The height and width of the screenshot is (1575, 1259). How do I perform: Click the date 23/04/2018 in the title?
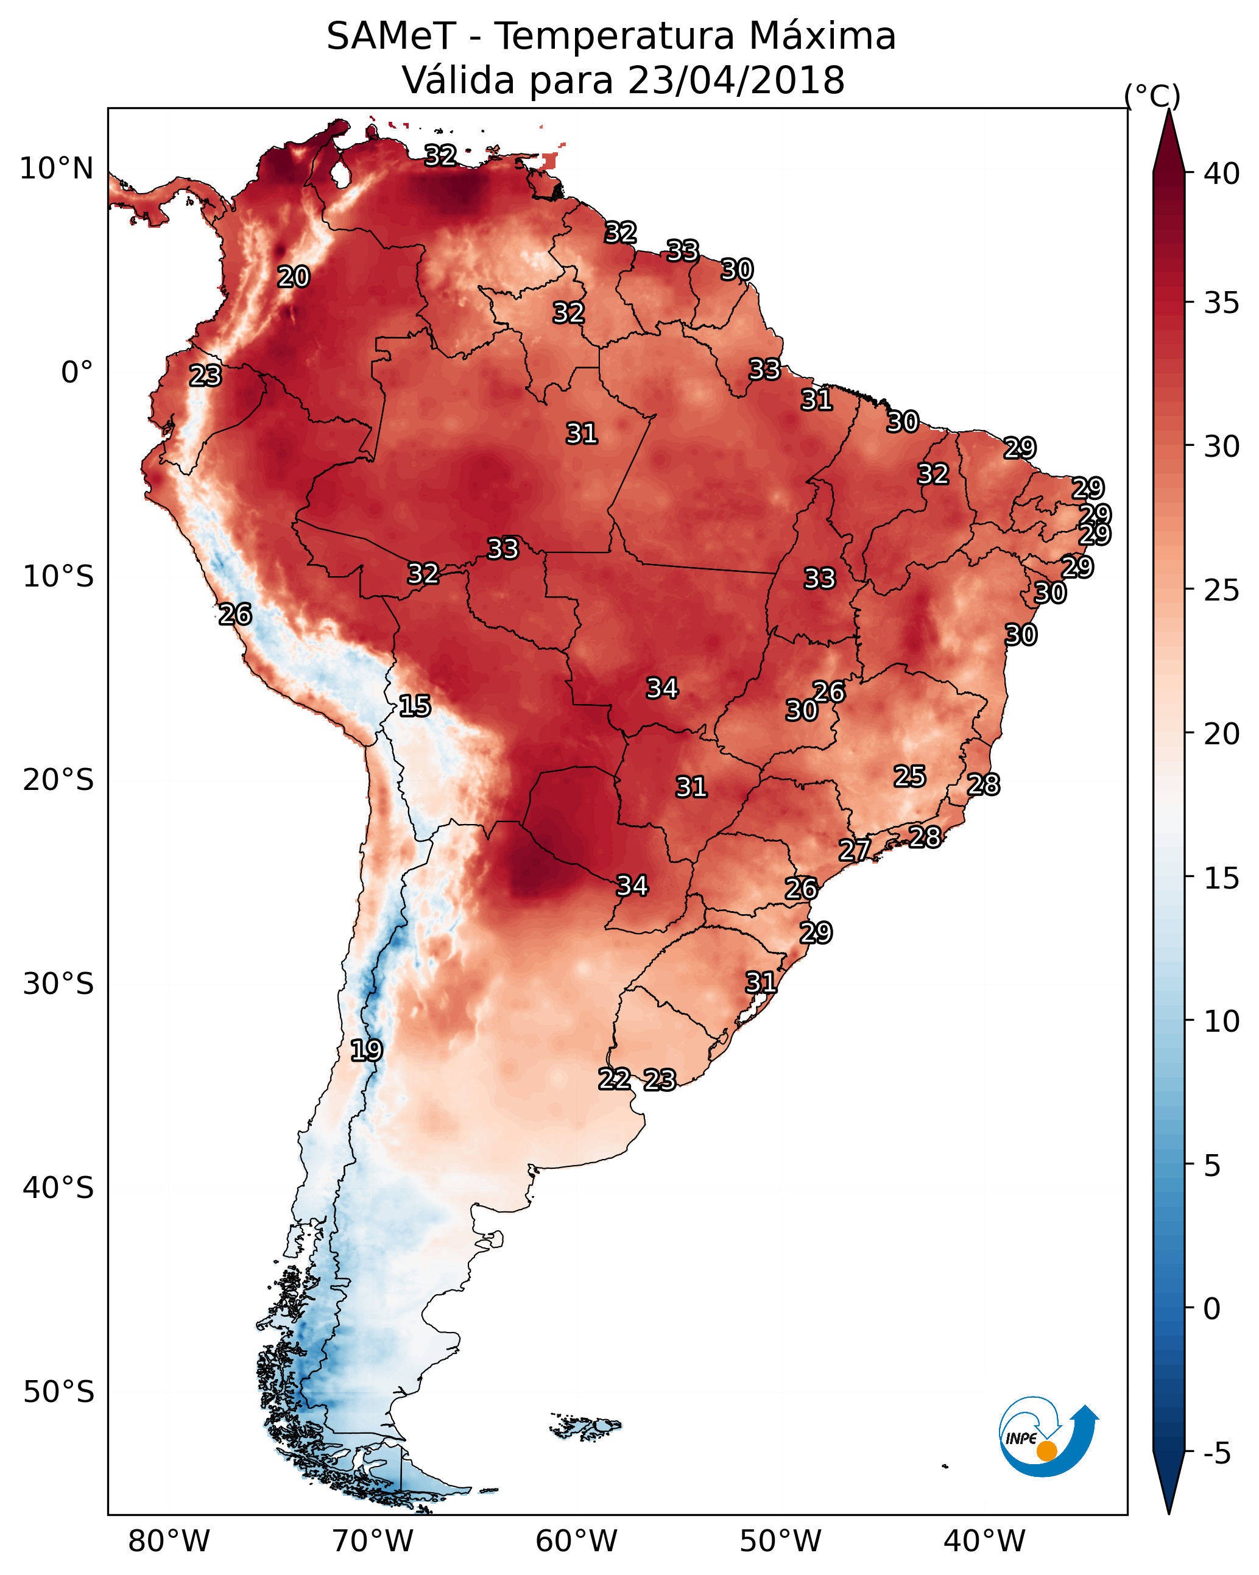tap(736, 80)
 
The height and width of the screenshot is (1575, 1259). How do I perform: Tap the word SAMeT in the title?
tap(391, 36)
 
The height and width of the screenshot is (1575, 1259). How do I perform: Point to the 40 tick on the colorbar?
tap(1222, 174)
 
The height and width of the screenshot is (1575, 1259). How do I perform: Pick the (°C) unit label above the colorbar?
tap(1152, 95)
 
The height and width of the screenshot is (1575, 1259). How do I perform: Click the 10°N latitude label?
tap(56, 169)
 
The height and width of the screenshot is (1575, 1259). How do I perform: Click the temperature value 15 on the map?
tap(414, 706)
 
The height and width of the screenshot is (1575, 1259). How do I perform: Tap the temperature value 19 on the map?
tap(366, 1051)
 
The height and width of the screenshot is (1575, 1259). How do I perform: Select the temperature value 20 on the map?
tap(294, 277)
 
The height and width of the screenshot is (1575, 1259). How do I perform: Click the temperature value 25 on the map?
tap(910, 776)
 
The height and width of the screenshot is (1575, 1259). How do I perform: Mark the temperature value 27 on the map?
tap(854, 850)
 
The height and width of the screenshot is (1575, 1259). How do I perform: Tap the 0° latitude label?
tap(77, 373)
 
